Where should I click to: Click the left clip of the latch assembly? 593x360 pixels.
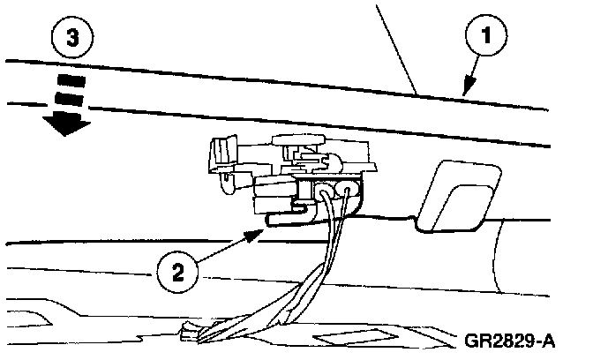[x=221, y=158]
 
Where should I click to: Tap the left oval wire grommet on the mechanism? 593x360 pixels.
[x=327, y=191]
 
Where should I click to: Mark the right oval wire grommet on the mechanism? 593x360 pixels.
[x=351, y=188]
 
